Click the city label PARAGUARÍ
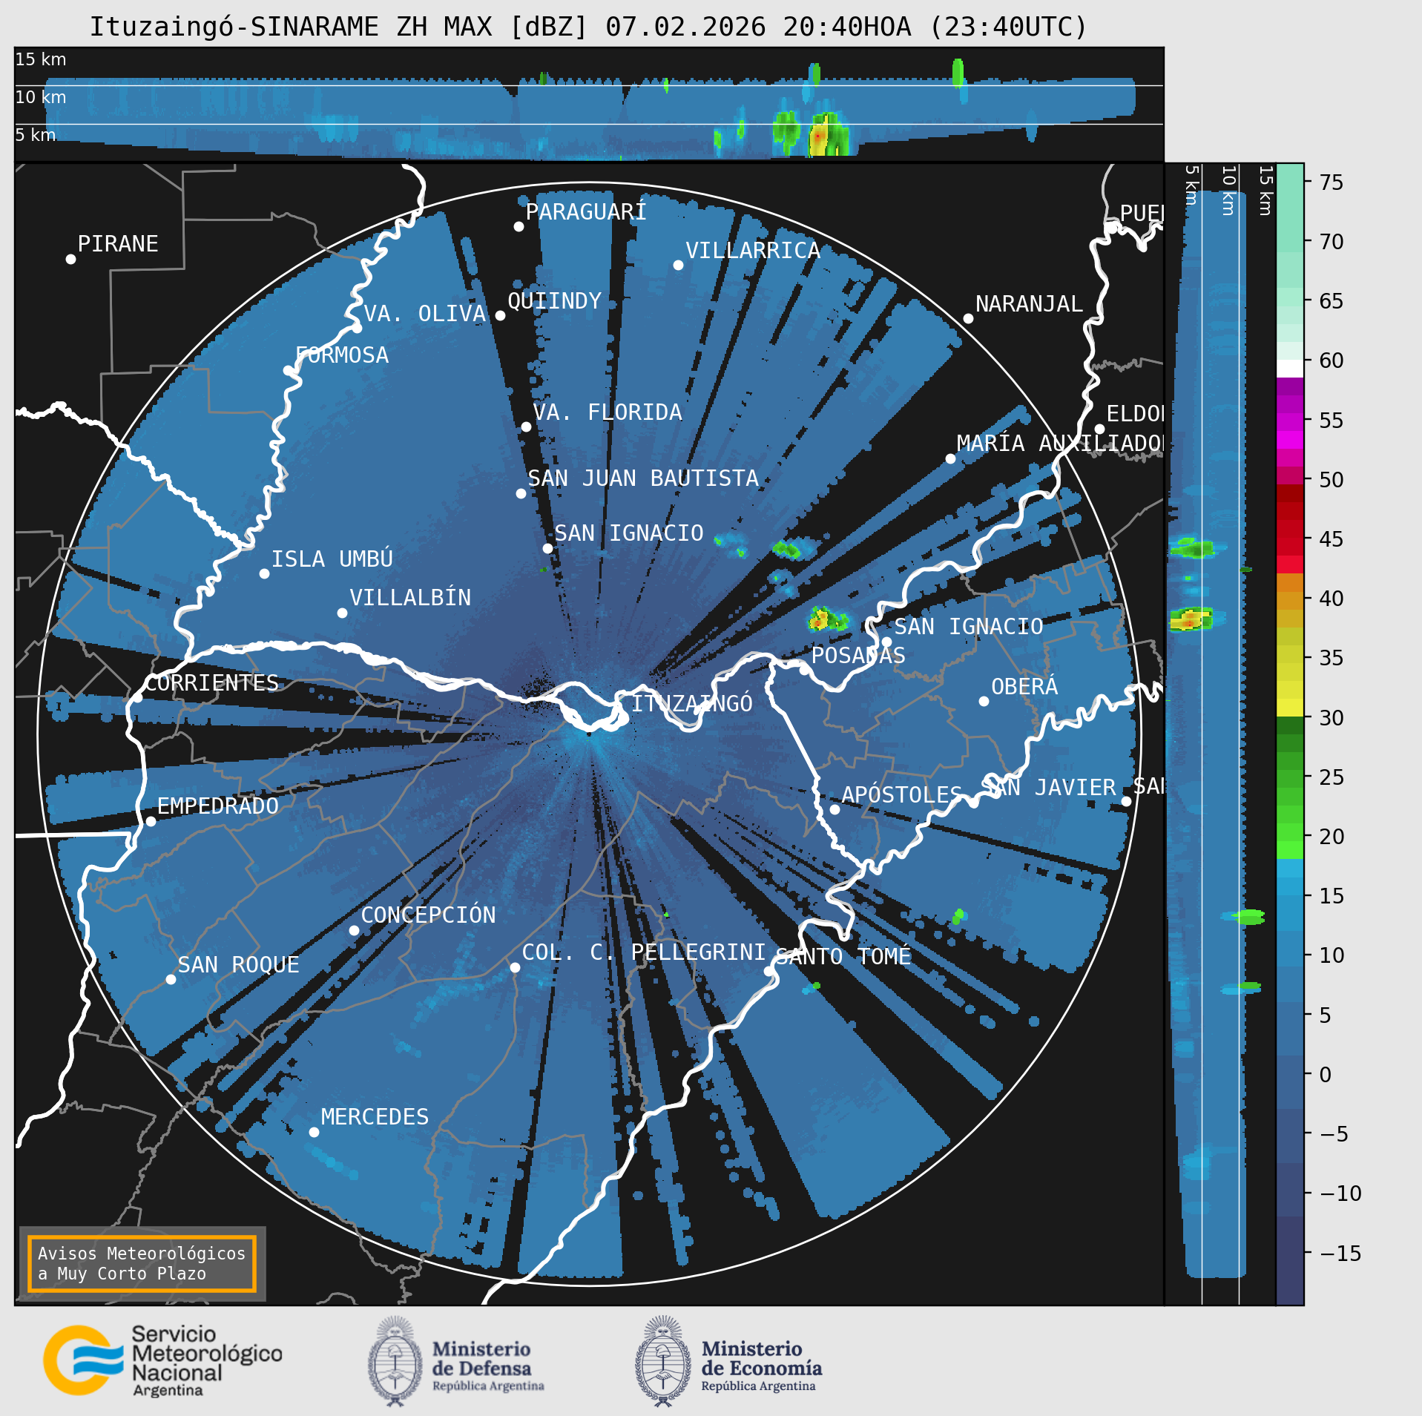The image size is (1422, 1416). (585, 213)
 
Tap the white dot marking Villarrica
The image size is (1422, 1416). (678, 266)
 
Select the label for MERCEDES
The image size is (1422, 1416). (375, 1117)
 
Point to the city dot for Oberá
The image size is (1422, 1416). (984, 701)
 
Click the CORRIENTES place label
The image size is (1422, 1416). (211, 683)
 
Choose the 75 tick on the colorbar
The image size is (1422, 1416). (1331, 182)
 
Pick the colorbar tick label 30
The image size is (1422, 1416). (1331, 718)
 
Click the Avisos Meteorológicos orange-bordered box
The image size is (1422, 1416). (142, 1264)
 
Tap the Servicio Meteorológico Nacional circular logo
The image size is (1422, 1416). (82, 1360)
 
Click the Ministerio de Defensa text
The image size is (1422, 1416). (482, 1360)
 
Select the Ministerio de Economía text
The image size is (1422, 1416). (762, 1360)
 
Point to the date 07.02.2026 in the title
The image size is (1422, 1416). (685, 27)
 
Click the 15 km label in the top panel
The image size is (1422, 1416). (41, 60)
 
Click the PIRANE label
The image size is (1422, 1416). (118, 244)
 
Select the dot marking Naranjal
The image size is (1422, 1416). (968, 318)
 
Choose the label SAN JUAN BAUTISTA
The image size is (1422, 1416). (642, 479)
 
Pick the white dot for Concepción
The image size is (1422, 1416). (355, 930)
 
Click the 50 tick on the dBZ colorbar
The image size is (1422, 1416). (1331, 480)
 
